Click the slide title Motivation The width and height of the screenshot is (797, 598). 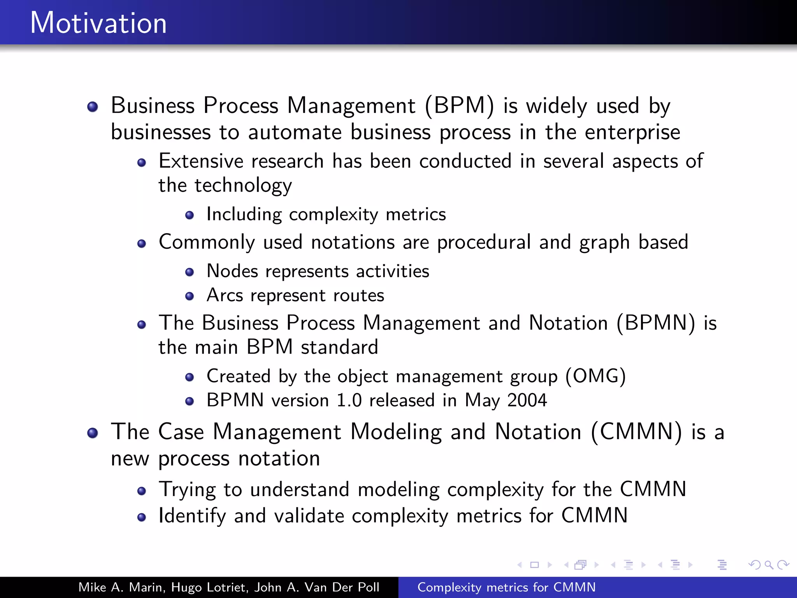click(98, 23)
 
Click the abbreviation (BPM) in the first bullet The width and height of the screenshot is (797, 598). click(460, 106)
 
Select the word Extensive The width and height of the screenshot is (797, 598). click(202, 161)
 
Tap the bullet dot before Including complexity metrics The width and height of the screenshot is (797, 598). click(190, 215)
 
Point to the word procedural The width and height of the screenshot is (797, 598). click(484, 243)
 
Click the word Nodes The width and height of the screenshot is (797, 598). click(232, 271)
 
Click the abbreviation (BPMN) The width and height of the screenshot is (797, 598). click(656, 323)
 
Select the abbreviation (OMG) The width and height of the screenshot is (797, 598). click(595, 376)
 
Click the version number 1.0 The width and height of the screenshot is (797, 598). click(349, 400)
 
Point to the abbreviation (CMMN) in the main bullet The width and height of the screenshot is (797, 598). click(636, 432)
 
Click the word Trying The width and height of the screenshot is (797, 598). click(187, 490)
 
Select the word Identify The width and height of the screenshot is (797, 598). click(192, 516)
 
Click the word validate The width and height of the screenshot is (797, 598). click(309, 516)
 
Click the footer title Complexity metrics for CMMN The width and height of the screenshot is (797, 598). click(506, 587)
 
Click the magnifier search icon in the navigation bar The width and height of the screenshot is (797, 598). click(769, 565)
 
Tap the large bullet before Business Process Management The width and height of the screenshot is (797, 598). click(93, 107)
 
